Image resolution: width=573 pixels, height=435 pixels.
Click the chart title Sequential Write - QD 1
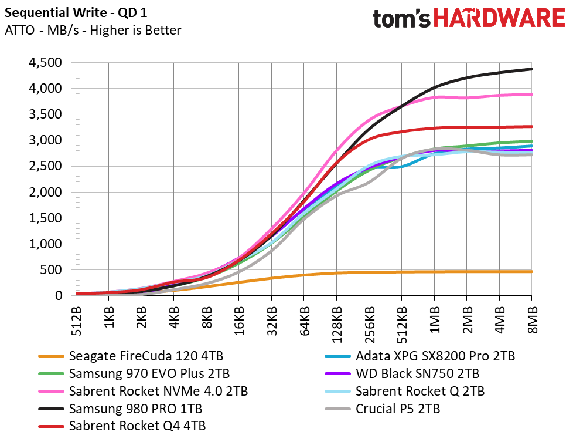click(76, 13)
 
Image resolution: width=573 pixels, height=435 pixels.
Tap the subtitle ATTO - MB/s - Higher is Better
click(93, 30)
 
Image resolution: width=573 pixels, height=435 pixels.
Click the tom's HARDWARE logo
click(469, 18)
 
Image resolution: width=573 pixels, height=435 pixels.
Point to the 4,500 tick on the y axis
click(45, 63)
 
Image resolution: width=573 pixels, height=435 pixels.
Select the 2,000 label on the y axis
click(45, 192)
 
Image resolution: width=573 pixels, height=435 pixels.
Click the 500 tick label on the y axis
click(51, 270)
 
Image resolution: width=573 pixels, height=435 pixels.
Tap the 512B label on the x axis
click(76, 321)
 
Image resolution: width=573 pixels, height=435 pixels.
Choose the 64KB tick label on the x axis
click(304, 321)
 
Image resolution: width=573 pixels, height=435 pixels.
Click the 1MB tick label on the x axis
click(434, 320)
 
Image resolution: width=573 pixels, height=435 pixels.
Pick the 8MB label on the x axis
click(532, 320)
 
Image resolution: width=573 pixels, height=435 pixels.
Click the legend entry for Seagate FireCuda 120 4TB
click(131, 356)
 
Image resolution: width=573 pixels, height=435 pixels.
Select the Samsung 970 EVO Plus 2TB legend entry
click(134, 373)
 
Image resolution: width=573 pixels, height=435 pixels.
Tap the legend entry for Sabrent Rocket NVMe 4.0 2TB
click(143, 391)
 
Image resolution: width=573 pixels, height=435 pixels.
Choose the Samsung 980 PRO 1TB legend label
click(120, 409)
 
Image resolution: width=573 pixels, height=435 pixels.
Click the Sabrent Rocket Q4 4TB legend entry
click(122, 426)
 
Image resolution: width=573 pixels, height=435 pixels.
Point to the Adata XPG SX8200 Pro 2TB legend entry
click(420, 356)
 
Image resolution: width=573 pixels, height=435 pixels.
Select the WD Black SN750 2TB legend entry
click(402, 373)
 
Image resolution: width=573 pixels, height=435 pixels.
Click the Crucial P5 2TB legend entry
click(382, 409)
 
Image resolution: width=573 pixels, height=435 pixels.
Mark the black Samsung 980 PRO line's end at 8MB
click(532, 69)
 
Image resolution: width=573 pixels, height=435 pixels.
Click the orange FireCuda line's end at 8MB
click(532, 272)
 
